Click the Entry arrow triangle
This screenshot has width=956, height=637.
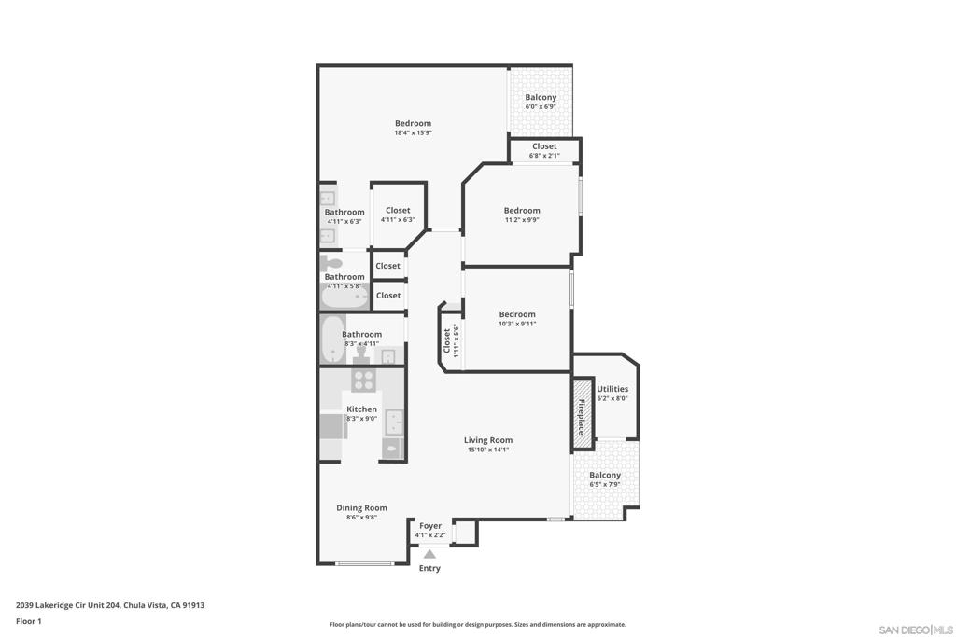pos(429,554)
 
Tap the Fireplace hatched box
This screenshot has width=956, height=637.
pos(583,414)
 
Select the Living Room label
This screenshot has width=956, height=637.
pos(488,440)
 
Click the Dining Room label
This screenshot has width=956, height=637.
pos(361,508)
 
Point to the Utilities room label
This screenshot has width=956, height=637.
pos(612,389)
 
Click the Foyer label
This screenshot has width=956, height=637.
pos(430,526)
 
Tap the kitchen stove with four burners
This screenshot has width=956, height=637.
pos(363,381)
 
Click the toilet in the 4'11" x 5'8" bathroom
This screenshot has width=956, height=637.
pos(331,264)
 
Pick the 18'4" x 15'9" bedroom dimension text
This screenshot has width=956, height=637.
pos(414,132)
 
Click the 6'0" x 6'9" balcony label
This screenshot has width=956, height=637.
pos(541,102)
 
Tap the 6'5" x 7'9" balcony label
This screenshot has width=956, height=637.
pos(605,479)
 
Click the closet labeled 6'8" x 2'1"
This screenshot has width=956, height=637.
pos(544,150)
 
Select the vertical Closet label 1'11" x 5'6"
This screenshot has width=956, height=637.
pos(451,340)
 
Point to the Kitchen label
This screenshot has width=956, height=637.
pos(361,409)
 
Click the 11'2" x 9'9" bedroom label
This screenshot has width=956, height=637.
pos(522,215)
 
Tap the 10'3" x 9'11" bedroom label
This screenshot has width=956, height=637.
pos(517,319)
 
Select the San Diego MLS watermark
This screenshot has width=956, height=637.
pos(916,630)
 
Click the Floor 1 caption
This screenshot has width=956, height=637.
pos(29,621)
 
